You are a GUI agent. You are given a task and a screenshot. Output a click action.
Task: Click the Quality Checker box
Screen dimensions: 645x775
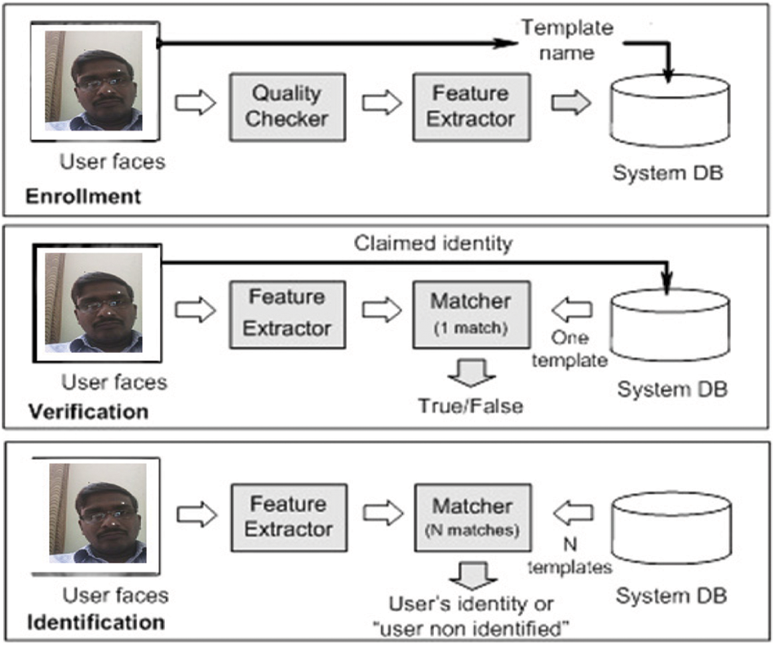(x=286, y=106)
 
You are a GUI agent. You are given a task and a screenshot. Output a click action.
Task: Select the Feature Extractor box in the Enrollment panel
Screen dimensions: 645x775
(x=471, y=106)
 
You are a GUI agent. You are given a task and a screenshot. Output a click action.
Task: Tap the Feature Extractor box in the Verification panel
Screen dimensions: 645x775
(x=286, y=313)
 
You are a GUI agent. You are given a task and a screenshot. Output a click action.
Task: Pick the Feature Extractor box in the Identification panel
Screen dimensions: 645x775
(x=287, y=516)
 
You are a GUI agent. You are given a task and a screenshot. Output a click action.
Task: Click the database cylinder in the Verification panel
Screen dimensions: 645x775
(x=669, y=327)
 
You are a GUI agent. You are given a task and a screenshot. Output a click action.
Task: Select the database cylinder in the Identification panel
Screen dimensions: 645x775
(x=670, y=531)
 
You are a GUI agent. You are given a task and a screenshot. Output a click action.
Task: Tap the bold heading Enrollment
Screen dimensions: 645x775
(x=83, y=197)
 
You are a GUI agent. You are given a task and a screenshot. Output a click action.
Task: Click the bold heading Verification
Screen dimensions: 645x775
(x=88, y=410)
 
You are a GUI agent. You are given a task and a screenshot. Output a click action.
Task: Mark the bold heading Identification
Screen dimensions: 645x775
(x=95, y=623)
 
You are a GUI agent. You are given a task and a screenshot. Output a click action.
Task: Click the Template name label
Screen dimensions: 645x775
(x=567, y=38)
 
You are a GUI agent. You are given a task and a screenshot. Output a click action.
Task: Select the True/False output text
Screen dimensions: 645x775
(x=470, y=406)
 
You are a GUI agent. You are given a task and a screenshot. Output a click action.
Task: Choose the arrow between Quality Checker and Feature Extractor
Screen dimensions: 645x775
(x=381, y=104)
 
